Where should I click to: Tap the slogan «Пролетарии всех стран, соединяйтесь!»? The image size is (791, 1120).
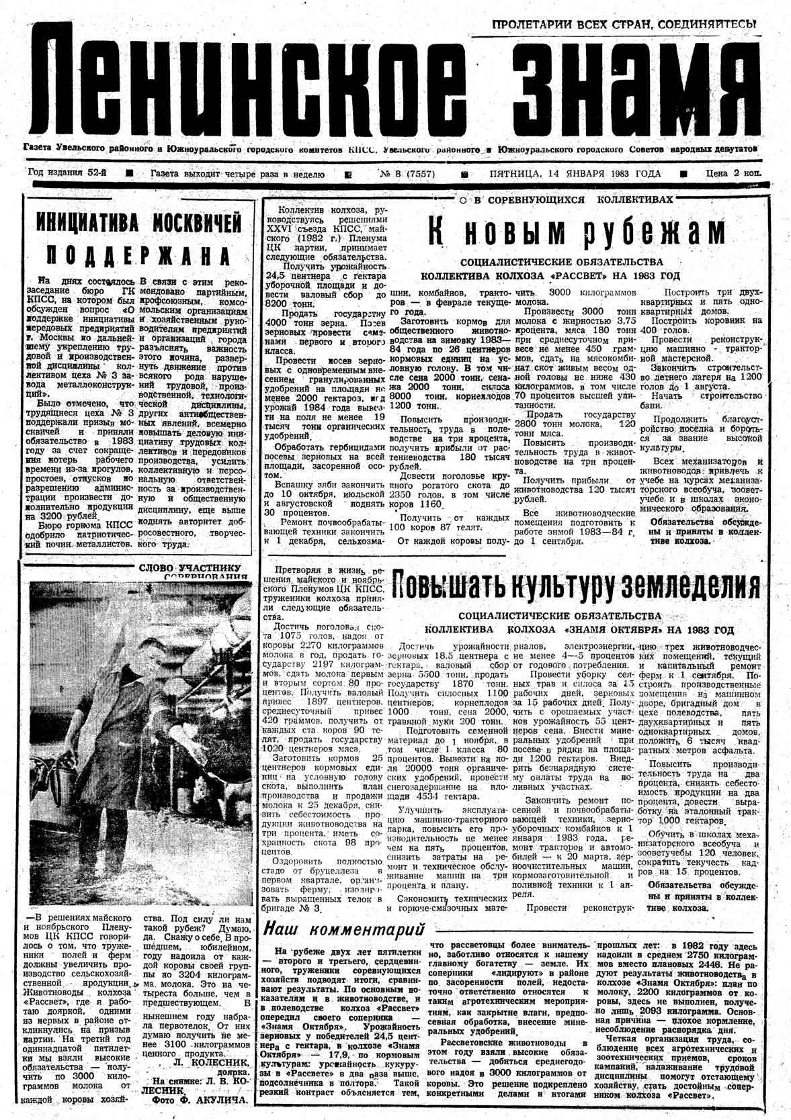click(624, 25)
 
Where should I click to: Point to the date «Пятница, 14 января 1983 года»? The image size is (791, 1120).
click(575, 175)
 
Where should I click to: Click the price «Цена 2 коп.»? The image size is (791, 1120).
click(733, 174)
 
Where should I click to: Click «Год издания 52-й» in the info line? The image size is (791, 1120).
click(67, 173)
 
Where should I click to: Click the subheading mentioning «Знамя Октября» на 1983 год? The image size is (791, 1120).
click(579, 630)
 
